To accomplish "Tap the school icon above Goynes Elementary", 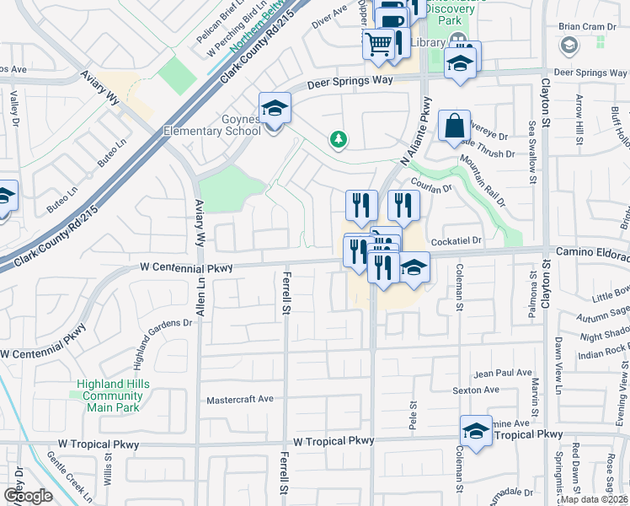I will point(275,109).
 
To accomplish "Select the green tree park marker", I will point(338,139).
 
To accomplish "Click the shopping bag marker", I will point(454,126).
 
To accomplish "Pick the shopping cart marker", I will point(380,41).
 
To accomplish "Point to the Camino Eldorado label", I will point(592,255).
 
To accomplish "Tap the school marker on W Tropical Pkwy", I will point(476,431).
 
